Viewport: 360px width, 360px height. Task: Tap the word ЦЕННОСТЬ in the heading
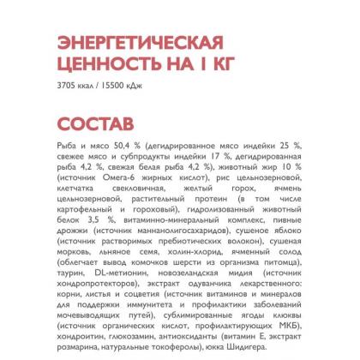tap(99, 66)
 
